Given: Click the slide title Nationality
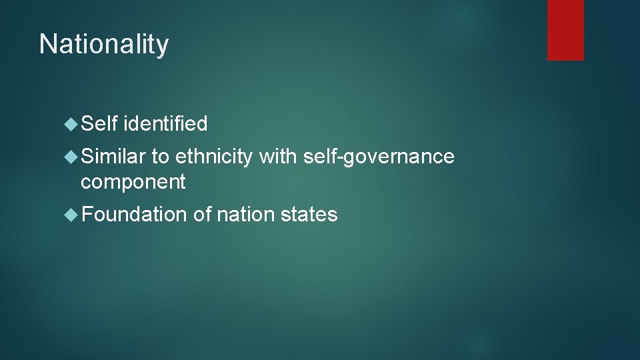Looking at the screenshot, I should [x=104, y=45].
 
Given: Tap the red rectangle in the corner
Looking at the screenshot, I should [x=565, y=30].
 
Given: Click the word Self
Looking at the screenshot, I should [x=99, y=123].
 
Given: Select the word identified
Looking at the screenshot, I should [x=165, y=123].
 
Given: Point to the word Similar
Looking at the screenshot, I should [x=113, y=157].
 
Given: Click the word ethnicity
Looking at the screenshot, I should [x=214, y=157].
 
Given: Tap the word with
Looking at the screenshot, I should [x=277, y=157].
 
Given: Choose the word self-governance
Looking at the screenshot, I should [x=378, y=157].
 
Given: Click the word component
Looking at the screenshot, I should [x=133, y=181].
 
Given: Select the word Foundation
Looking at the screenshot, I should [x=134, y=215].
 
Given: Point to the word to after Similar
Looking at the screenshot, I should [x=160, y=157].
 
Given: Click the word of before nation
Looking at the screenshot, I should [x=202, y=215].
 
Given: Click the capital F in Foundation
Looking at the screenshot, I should [x=87, y=215].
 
